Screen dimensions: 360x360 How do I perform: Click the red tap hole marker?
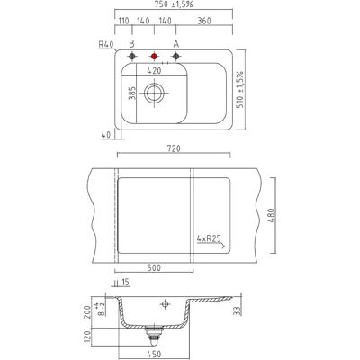[x=154, y=56]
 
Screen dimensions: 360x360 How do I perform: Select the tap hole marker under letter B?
[x=132, y=56]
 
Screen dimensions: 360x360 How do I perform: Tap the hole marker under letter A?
[x=176, y=56]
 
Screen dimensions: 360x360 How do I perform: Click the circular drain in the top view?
[x=155, y=93]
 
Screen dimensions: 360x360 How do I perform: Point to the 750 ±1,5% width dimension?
[x=174, y=4]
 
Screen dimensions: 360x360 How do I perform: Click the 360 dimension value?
[x=204, y=21]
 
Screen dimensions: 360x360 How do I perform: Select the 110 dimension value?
[x=123, y=21]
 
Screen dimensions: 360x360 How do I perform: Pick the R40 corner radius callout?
[x=106, y=45]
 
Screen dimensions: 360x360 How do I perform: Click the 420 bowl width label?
[x=154, y=71]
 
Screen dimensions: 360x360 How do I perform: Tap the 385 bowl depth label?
[x=133, y=93]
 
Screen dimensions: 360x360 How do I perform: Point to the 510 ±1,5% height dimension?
[x=240, y=90]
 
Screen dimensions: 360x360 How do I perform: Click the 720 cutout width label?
[x=174, y=148]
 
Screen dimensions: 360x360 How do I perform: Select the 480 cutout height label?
[x=271, y=215]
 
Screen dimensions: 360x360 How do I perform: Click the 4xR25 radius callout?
[x=209, y=239]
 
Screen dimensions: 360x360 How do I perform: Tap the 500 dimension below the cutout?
[x=154, y=267]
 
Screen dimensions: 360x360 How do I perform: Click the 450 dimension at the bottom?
[x=154, y=355]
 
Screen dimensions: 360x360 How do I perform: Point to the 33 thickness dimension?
[x=238, y=310]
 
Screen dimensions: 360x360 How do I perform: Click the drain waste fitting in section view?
[x=154, y=337]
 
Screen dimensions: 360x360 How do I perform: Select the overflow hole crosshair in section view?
[x=165, y=304]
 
